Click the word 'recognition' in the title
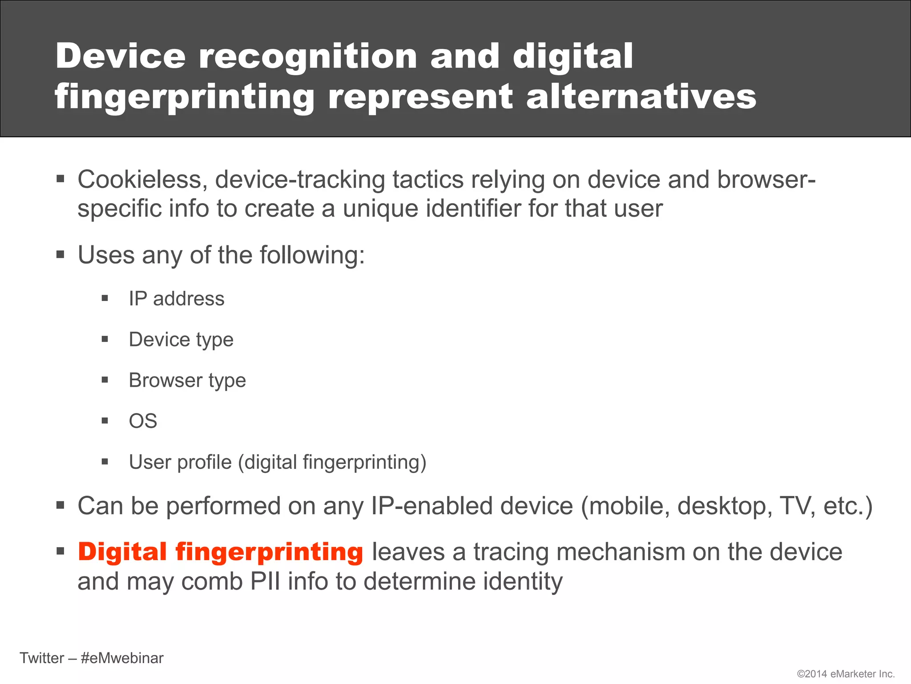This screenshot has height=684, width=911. coord(308,57)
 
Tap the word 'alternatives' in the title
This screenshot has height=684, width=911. coord(641,97)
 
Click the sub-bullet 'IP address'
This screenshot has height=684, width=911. coord(177,299)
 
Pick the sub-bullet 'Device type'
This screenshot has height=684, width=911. coord(181,340)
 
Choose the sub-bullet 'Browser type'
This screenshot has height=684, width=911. coord(187,381)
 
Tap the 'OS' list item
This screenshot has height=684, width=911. coord(143,421)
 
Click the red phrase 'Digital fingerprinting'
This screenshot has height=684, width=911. coord(221,552)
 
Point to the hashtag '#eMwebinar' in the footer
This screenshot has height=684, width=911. coord(122,658)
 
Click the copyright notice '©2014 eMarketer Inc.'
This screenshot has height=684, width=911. coord(846,674)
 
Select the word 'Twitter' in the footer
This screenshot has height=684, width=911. coord(42,658)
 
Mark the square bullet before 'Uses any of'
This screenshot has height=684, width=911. coord(61,255)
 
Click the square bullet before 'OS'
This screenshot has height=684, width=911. coord(105,421)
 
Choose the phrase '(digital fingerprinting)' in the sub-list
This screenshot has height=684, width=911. coord(332,462)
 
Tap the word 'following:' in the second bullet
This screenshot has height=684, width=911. coord(312,256)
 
